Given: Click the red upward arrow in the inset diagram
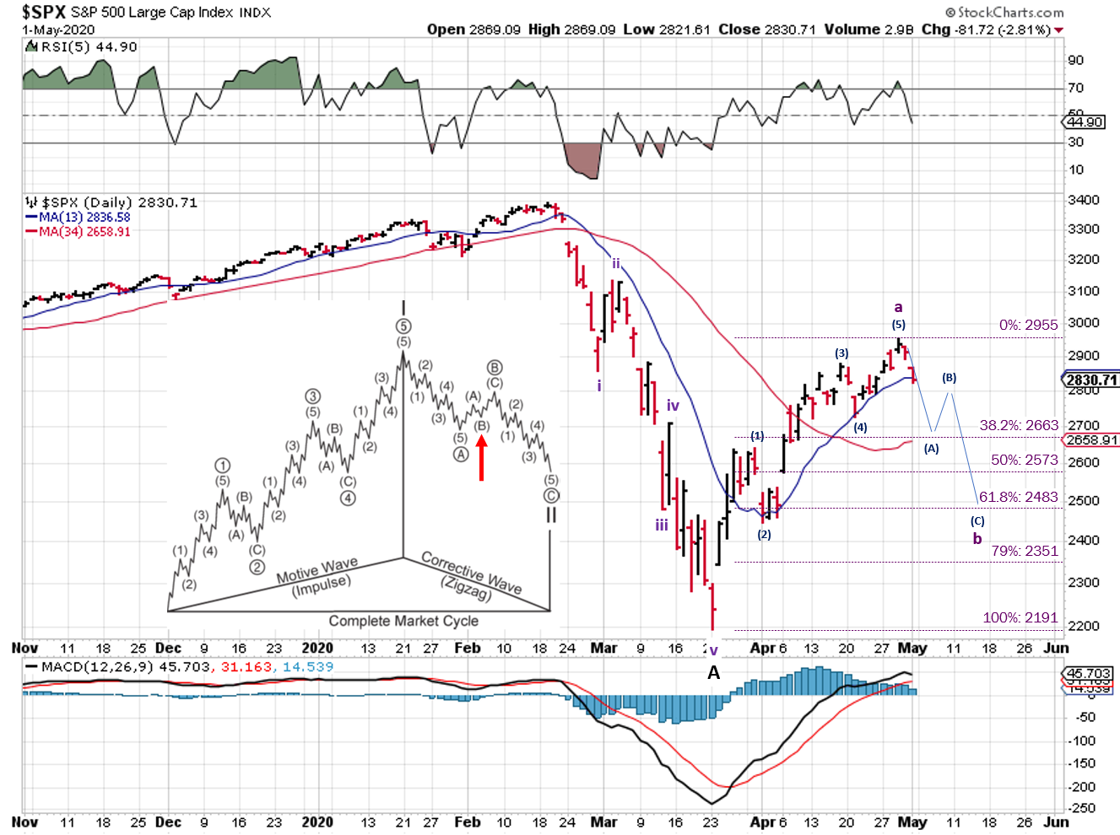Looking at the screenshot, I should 482,460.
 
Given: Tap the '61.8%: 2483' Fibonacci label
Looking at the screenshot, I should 1018,498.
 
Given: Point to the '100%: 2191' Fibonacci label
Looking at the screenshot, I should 1020,617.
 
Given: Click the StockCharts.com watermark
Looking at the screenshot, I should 1004,12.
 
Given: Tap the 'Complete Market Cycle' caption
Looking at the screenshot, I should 403,621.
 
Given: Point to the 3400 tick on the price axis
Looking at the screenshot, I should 1083,200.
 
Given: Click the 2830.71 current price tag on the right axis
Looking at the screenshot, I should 1091,380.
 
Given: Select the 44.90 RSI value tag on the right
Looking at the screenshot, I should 1085,122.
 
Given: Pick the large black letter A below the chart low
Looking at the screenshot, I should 714,672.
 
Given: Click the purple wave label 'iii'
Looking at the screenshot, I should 662,525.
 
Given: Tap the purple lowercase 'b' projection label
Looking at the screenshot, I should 977,539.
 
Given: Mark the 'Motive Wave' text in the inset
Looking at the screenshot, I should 317,570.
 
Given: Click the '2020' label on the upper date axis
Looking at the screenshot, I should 317,648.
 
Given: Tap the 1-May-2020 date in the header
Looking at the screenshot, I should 58,30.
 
